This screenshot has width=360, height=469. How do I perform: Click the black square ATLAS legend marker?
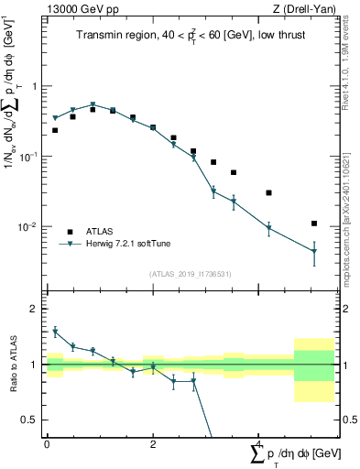(x=69, y=231)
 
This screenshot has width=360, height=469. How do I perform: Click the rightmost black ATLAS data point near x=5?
(x=314, y=224)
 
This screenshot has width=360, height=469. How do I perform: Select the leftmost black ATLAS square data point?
(x=55, y=130)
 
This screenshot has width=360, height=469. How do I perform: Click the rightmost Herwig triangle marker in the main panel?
(x=314, y=252)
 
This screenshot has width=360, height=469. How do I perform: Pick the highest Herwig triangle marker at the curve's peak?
(x=93, y=104)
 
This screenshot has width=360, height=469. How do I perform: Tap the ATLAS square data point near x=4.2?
(x=268, y=193)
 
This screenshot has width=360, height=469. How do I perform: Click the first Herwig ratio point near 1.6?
(x=55, y=332)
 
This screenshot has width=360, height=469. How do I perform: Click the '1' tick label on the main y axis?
(x=36, y=86)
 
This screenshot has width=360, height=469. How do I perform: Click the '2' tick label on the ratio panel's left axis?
(x=36, y=309)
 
